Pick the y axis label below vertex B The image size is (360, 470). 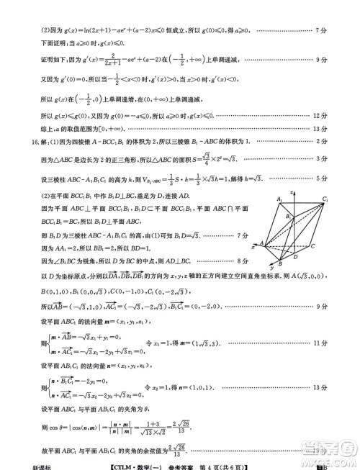(x=271, y=268)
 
